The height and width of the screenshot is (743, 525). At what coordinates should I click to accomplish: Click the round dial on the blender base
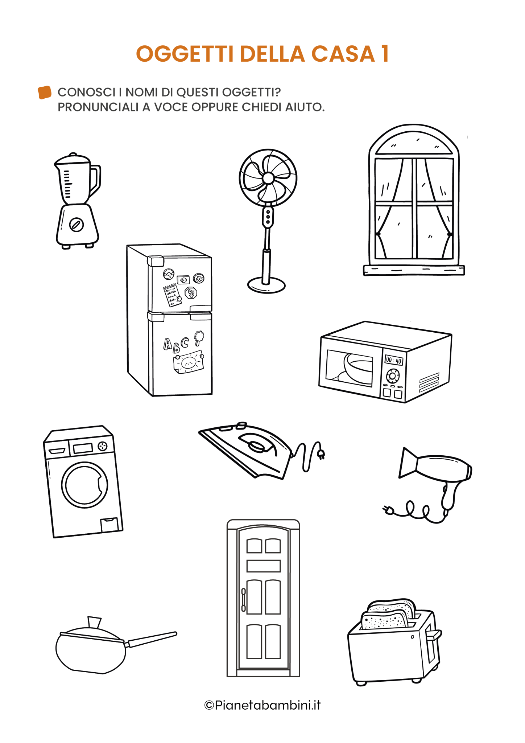click(77, 225)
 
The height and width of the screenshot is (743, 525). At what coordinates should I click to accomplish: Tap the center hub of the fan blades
click(268, 178)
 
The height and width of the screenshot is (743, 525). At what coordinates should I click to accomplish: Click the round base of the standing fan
click(266, 285)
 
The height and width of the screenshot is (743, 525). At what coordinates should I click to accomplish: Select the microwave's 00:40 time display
click(394, 360)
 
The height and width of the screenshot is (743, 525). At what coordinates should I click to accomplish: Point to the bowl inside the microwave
click(357, 368)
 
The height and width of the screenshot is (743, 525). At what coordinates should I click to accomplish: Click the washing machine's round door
click(85, 485)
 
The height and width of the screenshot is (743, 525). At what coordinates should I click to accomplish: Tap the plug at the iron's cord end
click(321, 454)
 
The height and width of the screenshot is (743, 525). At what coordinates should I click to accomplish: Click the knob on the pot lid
click(94, 622)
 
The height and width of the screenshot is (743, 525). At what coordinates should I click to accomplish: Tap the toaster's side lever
click(434, 635)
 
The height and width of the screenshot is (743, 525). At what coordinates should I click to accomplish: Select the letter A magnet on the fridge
click(167, 344)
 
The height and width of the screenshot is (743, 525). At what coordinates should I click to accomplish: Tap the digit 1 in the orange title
click(385, 54)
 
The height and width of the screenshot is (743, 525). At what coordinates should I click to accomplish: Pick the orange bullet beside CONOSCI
click(45, 92)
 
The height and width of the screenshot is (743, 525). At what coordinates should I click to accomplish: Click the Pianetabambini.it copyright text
click(262, 705)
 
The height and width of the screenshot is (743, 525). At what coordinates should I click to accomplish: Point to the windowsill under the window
click(414, 270)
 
